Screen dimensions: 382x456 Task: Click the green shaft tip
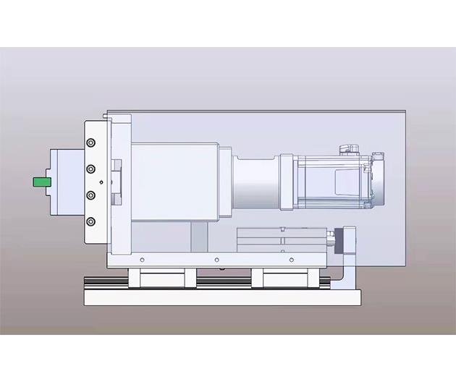coord(41,181)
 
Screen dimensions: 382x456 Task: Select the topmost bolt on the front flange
coord(90,143)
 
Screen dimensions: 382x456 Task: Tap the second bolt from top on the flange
coord(90,169)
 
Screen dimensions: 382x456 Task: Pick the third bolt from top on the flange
coord(90,195)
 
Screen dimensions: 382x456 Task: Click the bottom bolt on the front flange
coord(90,221)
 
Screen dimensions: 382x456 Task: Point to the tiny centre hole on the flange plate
coord(102,182)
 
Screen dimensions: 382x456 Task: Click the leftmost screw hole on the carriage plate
coord(142,260)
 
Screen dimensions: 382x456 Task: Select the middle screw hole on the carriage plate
coord(216,260)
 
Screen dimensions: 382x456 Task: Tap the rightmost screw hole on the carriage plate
coord(292,260)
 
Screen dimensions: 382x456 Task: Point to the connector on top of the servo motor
coord(348,149)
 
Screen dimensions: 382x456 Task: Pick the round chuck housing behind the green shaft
coord(65,181)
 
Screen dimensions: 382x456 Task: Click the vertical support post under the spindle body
coord(198,236)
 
